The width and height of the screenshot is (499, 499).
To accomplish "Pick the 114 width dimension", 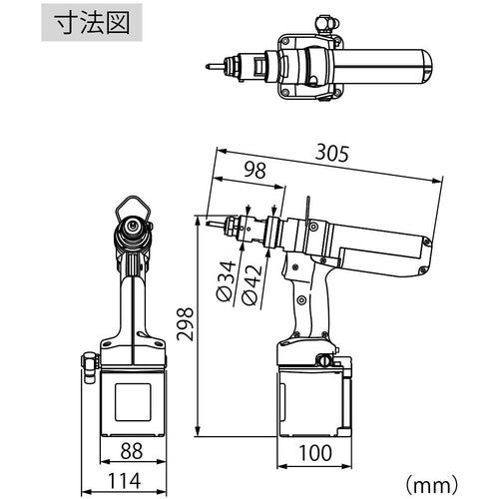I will point(126,481).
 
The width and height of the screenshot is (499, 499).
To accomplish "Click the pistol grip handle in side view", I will point(308,304).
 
